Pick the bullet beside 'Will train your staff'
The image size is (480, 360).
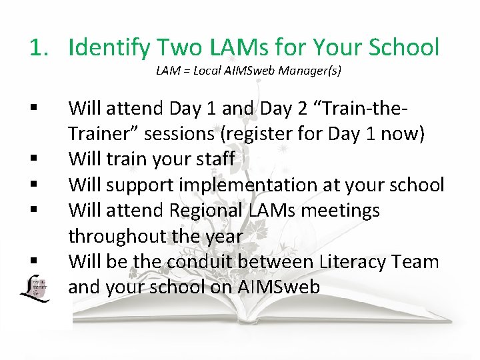pos(33,159)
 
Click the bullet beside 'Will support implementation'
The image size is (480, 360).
pos(33,185)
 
